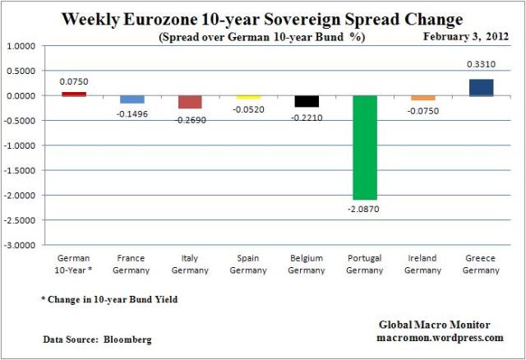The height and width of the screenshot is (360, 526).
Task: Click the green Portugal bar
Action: [x=365, y=148]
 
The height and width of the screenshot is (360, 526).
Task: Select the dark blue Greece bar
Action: [x=481, y=87]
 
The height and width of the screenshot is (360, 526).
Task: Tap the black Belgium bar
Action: [x=307, y=101]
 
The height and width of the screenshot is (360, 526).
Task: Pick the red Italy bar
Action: [x=190, y=102]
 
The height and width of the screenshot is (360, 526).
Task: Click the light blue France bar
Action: [x=131, y=99]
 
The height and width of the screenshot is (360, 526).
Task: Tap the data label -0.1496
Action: [x=131, y=113]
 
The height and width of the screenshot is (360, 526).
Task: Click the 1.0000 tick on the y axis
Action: [x=24, y=46]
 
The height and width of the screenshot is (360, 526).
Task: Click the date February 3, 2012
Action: [x=464, y=37]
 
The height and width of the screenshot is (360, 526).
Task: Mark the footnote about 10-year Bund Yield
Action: [x=108, y=300]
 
